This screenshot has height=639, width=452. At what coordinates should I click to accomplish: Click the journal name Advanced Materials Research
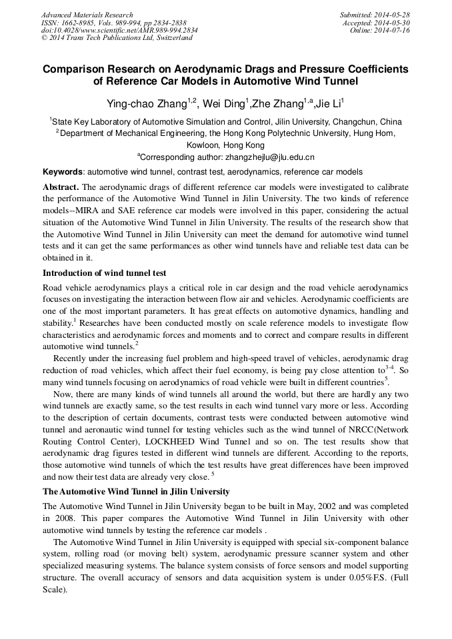tap(87, 14)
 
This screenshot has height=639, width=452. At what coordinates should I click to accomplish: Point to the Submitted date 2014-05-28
tap(393, 14)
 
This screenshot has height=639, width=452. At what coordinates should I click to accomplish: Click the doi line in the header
tap(119, 30)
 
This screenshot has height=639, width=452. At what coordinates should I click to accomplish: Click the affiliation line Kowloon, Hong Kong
tap(225, 145)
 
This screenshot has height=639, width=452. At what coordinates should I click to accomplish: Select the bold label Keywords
tap(63, 171)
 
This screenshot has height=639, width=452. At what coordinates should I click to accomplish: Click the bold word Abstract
tap(61, 186)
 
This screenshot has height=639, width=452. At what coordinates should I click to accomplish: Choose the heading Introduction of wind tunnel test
tap(104, 273)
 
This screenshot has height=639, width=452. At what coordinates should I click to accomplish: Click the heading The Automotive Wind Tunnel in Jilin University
tap(136, 492)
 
